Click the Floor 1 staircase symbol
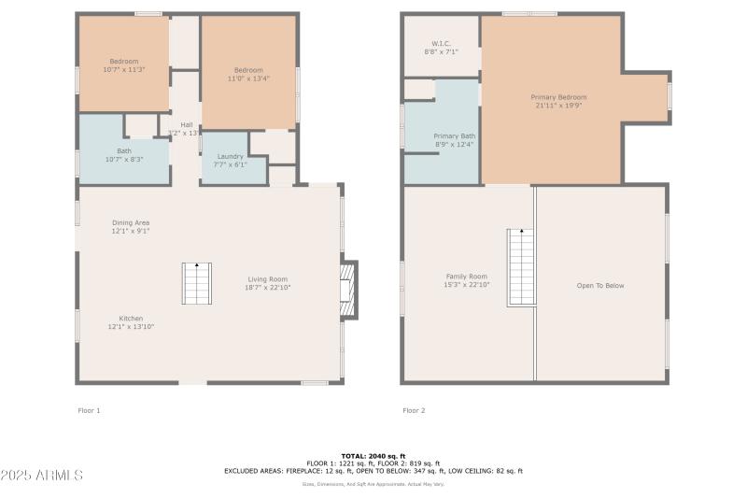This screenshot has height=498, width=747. pos(196,284)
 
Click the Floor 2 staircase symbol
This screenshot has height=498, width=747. pos(521,267)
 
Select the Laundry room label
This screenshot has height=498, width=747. pos(230,156)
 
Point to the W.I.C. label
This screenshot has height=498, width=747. pos(441,44)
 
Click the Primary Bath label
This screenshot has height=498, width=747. pos(454,135)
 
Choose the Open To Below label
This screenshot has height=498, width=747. pos(600,286)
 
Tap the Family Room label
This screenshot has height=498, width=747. pos(466,276)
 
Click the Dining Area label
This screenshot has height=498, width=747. pos(131,222)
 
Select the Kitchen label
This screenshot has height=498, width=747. pos(131,318)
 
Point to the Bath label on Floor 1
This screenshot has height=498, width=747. pos(124,150)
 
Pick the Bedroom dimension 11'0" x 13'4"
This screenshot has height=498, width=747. pos(248,78)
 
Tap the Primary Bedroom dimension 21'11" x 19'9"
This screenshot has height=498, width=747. pos(558,106)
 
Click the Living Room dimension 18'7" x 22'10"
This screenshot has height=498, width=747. pos(267,288)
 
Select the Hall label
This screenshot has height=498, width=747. pos(187,125)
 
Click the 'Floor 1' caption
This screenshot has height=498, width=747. pos(88,410)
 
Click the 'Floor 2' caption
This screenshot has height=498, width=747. pos(414,410)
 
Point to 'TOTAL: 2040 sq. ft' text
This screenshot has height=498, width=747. pos(373,455)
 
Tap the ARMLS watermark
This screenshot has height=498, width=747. pos(42,476)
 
